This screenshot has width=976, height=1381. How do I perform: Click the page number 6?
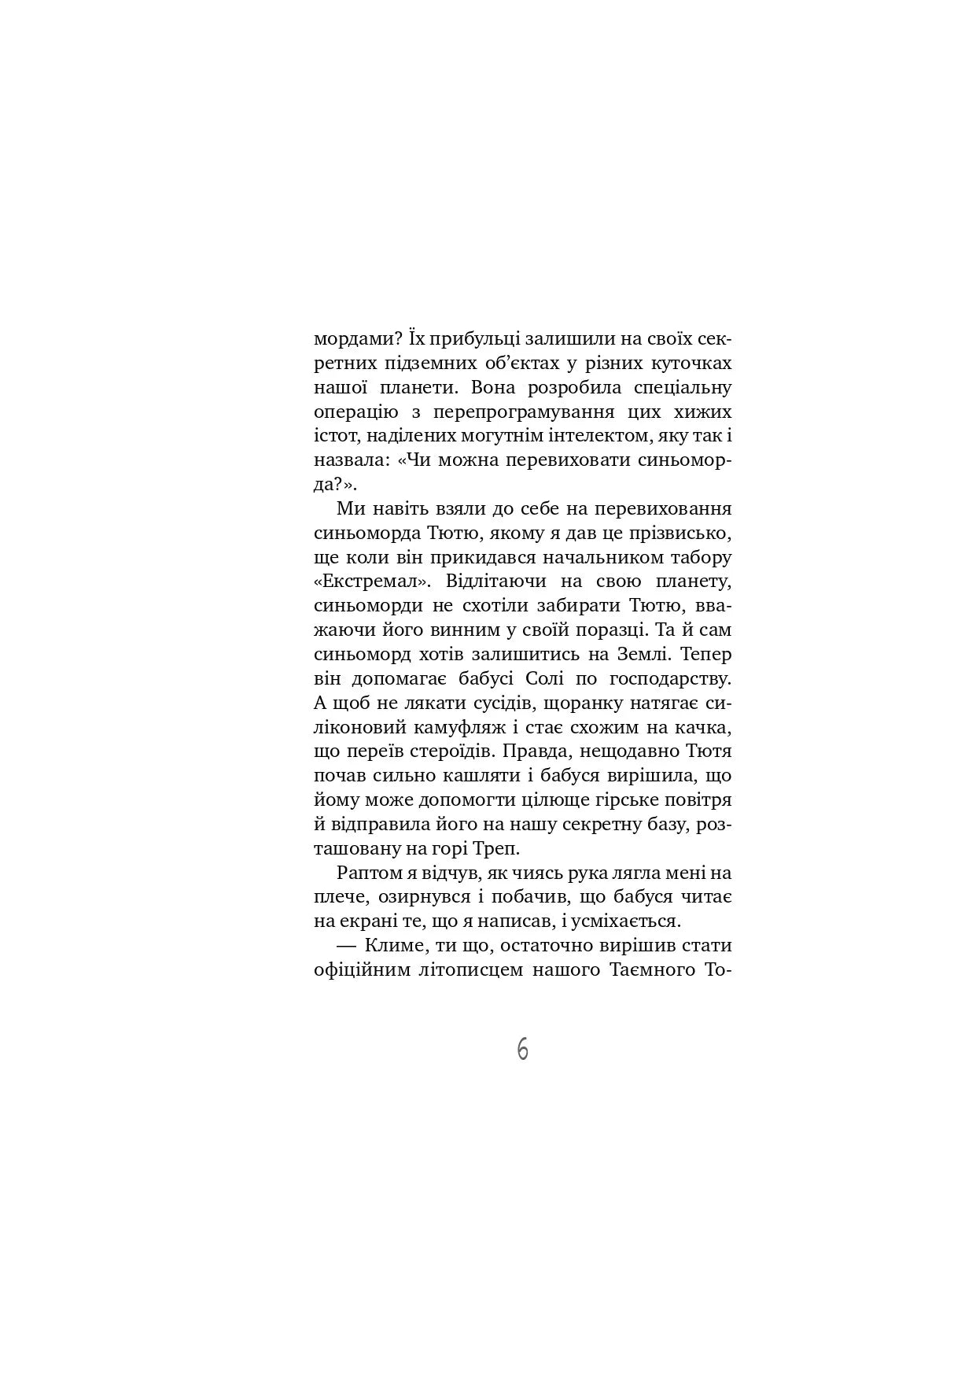[523, 1050]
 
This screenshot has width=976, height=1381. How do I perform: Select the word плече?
[339, 897]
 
